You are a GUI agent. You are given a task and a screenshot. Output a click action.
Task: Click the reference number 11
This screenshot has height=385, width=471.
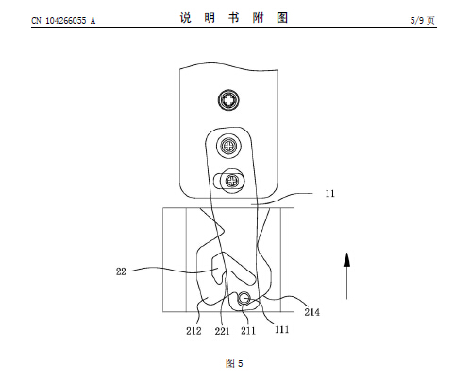(329, 193)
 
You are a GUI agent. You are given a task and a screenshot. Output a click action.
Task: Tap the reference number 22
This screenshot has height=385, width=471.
(121, 271)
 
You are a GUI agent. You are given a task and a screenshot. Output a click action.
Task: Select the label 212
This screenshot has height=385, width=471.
(193, 331)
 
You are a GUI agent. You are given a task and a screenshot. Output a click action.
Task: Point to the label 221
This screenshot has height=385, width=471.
(222, 331)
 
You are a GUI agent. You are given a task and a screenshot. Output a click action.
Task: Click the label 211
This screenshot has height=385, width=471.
(248, 331)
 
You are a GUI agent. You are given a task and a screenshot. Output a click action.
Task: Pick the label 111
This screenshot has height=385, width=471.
(282, 330)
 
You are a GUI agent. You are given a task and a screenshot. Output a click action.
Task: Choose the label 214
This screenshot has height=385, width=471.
(311, 312)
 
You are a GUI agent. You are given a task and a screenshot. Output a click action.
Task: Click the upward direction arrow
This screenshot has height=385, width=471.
(346, 275)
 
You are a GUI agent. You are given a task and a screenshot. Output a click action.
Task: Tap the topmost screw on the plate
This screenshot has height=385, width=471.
(228, 100)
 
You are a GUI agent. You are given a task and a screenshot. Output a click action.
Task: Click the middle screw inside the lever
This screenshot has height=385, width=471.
(228, 146)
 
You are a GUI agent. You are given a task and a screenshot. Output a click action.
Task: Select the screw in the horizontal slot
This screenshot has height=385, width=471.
(232, 181)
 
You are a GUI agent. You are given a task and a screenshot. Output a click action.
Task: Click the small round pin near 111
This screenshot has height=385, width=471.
(244, 298)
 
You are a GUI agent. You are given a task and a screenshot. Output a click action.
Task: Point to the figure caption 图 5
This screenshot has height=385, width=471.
(234, 363)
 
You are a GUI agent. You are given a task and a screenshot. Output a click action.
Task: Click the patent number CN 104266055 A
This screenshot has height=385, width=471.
(63, 21)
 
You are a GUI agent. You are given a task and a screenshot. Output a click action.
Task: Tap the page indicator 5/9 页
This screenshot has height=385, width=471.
(423, 21)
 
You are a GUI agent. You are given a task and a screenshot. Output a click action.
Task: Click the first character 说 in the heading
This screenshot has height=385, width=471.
(186, 18)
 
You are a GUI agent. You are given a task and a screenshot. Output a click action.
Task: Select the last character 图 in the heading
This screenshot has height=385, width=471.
(282, 18)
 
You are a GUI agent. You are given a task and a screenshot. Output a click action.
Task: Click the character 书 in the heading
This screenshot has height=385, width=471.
(234, 18)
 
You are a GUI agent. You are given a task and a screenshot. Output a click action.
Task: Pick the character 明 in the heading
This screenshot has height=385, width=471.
(210, 18)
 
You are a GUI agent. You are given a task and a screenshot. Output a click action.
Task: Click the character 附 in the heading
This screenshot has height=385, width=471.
(258, 18)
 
